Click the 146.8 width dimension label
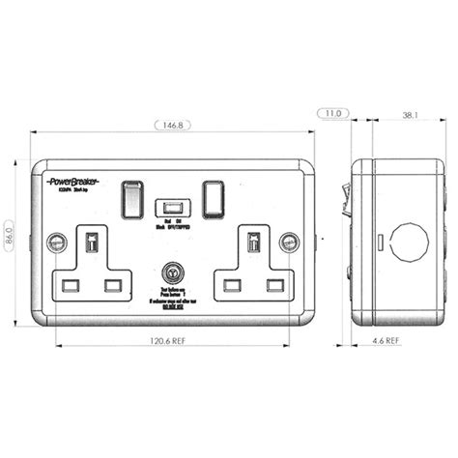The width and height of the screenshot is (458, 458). (172, 125)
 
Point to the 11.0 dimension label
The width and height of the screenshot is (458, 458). (333, 114)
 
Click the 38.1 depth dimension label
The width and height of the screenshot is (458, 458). (410, 115)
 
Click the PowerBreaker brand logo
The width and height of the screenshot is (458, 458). (74, 181)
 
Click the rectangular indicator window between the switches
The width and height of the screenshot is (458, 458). (173, 207)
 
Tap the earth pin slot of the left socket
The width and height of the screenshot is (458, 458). (92, 242)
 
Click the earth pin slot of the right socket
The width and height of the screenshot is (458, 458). (253, 242)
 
